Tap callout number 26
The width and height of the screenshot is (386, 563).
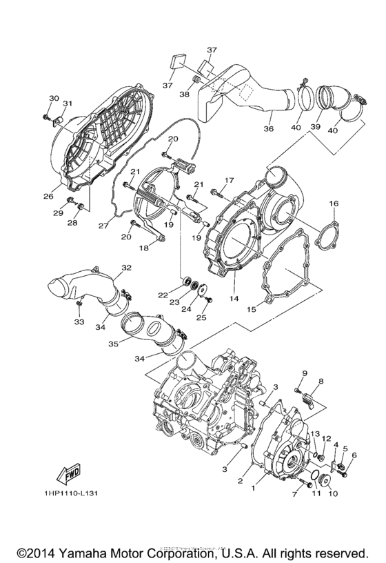(x=48, y=197)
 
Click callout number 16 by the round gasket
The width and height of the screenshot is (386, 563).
(x=334, y=204)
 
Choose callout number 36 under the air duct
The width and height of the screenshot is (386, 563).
(x=269, y=128)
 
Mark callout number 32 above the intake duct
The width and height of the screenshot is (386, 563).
(x=125, y=268)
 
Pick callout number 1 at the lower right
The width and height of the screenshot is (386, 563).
(x=254, y=488)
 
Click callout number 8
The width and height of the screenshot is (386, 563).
(x=320, y=382)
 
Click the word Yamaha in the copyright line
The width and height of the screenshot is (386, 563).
(x=98, y=553)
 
